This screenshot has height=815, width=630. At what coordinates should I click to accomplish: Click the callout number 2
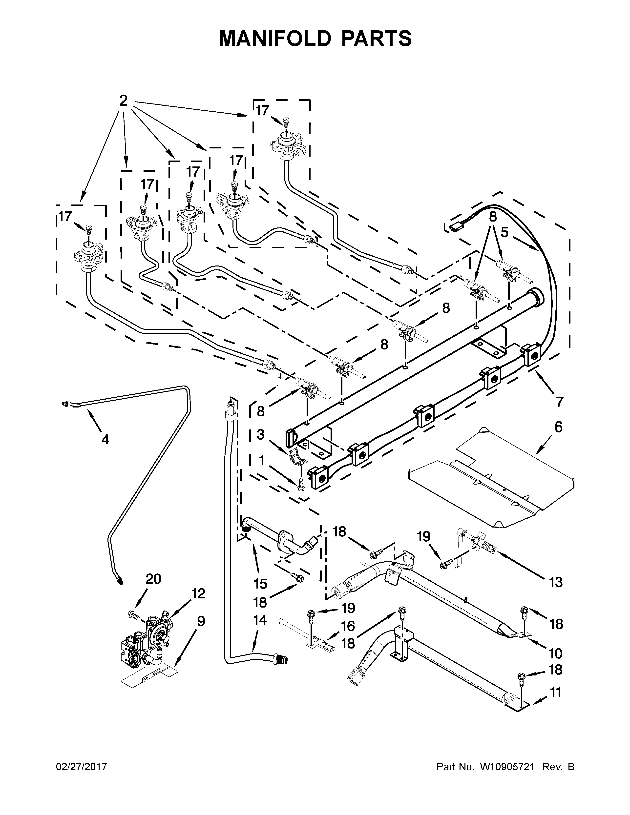[123, 100]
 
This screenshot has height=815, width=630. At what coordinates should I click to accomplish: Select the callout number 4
[105, 440]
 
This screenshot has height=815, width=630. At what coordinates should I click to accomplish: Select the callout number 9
[201, 621]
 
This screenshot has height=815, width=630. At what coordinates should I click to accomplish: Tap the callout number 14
[260, 620]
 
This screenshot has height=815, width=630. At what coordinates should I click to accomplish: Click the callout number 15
[260, 584]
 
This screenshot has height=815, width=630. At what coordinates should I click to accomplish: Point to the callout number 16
[348, 626]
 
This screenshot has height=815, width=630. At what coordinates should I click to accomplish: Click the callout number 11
[556, 692]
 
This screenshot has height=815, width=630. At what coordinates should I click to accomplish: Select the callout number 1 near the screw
[261, 461]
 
